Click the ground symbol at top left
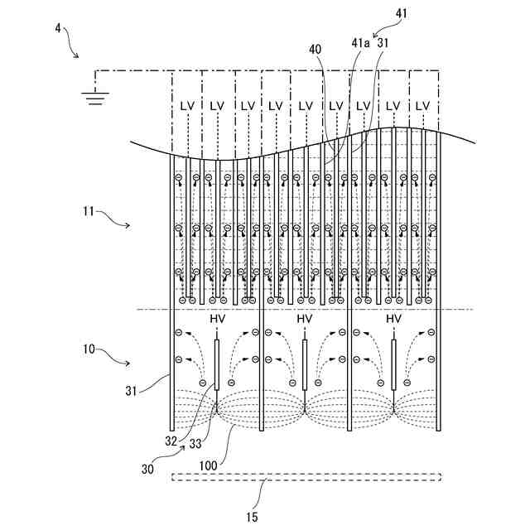pos(95,98)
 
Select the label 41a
pos(361,43)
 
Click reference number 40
pos(315,50)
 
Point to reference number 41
pos(401,14)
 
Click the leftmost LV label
pos(187,107)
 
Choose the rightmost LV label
pos(422,107)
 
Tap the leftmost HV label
pos(217,319)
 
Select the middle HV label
pos(305,319)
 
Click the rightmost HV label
pos(394,319)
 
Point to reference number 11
pos(89,212)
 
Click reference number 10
pos(89,349)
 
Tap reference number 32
pos(171,441)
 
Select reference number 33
pos(195,444)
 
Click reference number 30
pos(147,470)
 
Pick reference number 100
pos(208,465)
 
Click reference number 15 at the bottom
pos(252,517)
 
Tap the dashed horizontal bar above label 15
pos(306,477)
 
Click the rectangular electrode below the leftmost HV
pos(217,365)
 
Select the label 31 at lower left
pos(131,391)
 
